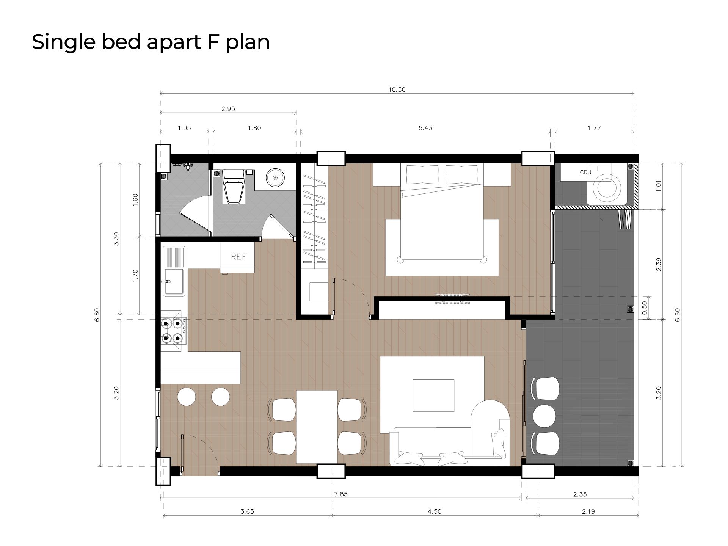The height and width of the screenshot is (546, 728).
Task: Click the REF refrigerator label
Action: [238, 257]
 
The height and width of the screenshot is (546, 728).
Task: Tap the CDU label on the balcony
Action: [585, 173]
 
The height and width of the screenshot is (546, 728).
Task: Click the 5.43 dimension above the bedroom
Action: [425, 128]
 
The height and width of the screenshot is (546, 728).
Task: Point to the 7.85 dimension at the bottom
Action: [341, 494]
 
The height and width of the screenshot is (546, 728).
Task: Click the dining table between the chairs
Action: [317, 427]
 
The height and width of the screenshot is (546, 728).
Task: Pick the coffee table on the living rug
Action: [433, 395]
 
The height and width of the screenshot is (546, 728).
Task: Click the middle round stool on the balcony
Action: [544, 416]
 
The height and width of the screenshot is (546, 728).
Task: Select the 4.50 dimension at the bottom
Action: [435, 511]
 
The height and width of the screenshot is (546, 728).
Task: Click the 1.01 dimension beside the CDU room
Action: [659, 186]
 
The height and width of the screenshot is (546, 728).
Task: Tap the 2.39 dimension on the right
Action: [659, 264]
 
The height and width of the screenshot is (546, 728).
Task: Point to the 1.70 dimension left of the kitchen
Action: [136, 276]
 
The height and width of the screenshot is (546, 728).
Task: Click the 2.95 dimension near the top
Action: [228, 109]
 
